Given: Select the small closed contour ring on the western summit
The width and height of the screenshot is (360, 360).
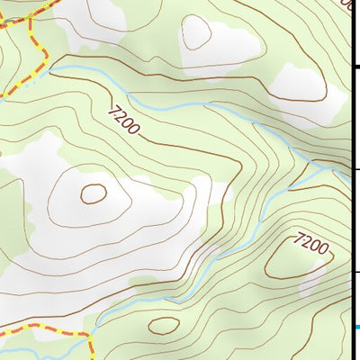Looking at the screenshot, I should [93, 193].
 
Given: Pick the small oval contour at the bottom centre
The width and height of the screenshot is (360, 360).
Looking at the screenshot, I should [163, 325].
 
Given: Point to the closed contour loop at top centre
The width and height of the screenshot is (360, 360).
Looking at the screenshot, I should [197, 34].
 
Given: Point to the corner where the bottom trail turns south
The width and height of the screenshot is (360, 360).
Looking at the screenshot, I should [91, 337].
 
